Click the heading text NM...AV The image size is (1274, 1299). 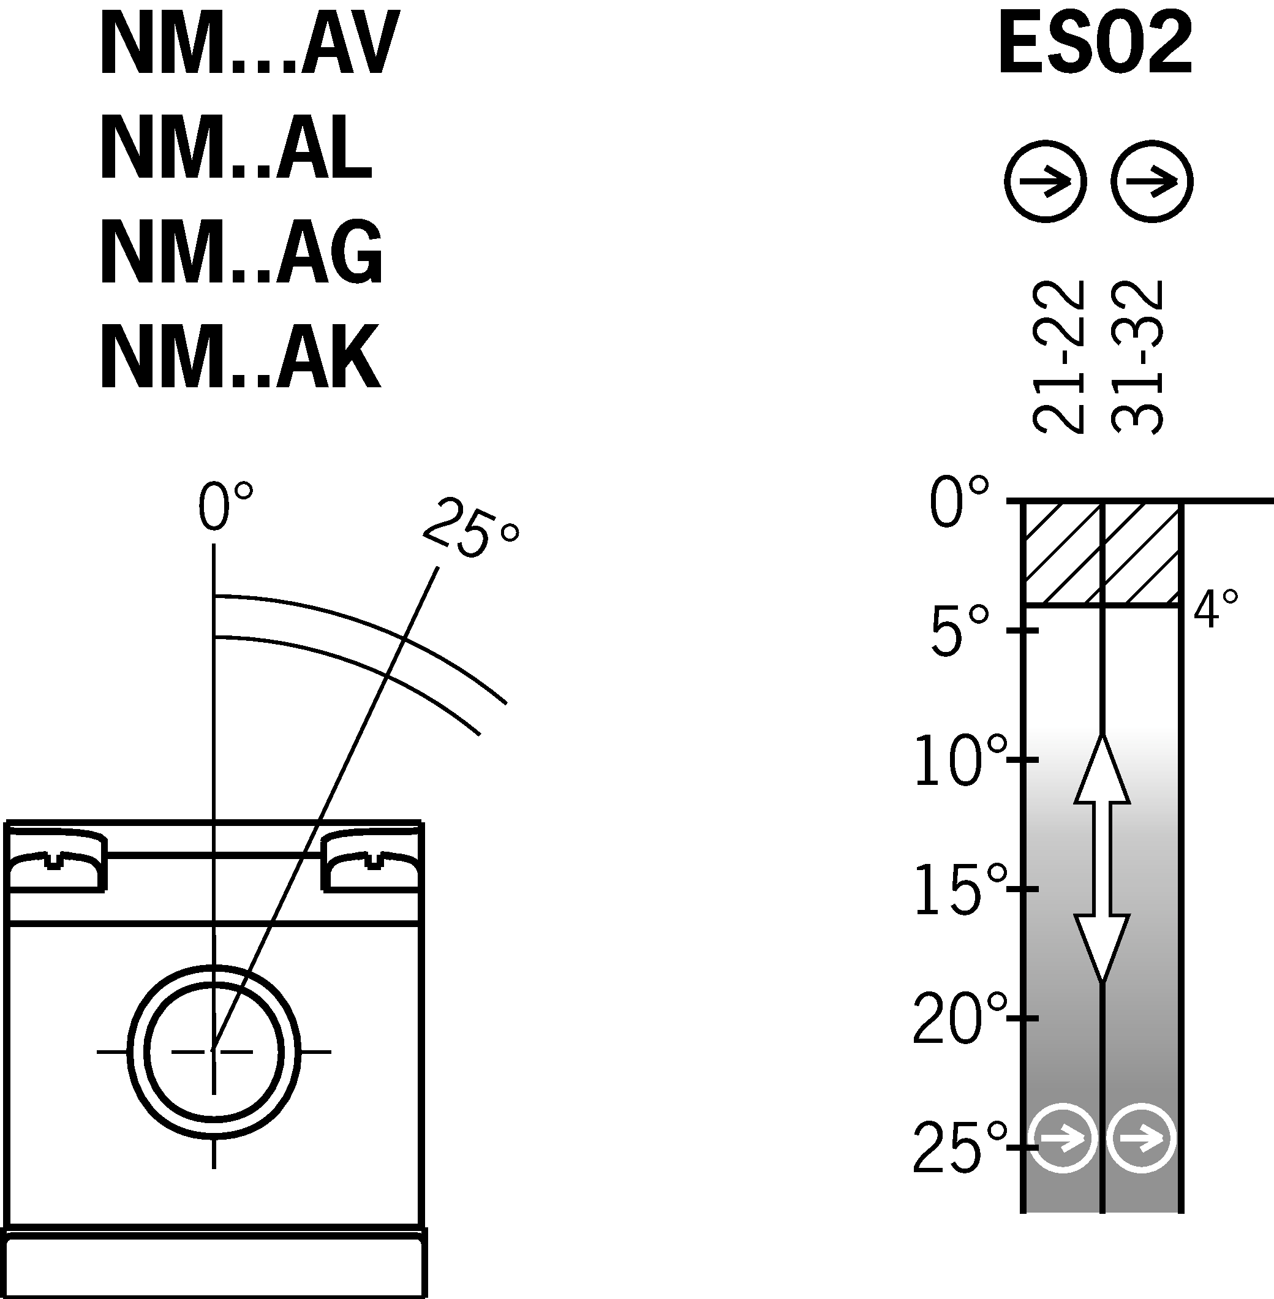[249, 44]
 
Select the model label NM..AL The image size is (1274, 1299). [236, 147]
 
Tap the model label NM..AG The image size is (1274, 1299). [241, 252]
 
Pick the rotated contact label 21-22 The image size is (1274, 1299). [1058, 357]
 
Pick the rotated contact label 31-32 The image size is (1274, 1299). [1137, 357]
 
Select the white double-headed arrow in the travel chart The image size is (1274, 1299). [1102, 858]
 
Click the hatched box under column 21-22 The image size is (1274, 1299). [1063, 553]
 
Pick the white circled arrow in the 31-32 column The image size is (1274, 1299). [1142, 1138]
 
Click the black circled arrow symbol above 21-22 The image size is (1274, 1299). [1045, 181]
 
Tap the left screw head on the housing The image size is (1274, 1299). [55, 860]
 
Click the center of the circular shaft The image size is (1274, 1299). [213, 1051]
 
